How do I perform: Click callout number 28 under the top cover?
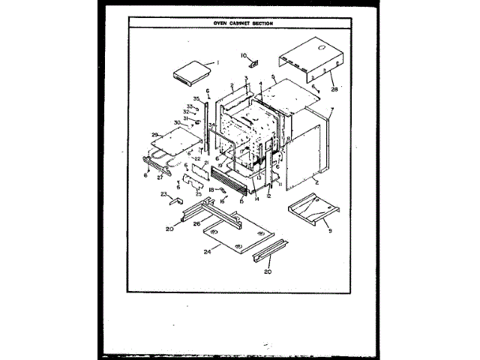click(x=334, y=88)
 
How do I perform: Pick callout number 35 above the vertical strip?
click(x=196, y=99)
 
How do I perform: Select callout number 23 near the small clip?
click(x=163, y=194)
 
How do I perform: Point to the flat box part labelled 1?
click(x=190, y=73)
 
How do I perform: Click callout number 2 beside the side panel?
click(x=317, y=182)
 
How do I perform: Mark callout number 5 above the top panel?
click(x=274, y=77)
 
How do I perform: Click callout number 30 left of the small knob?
click(x=178, y=123)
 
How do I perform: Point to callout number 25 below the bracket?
click(x=199, y=194)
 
